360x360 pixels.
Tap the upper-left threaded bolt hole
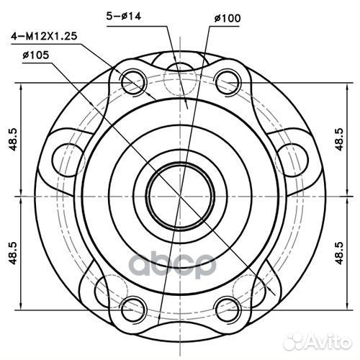click(x=132, y=82)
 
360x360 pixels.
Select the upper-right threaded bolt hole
click(x=227, y=80)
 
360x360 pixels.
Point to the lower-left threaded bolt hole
click(x=132, y=305)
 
